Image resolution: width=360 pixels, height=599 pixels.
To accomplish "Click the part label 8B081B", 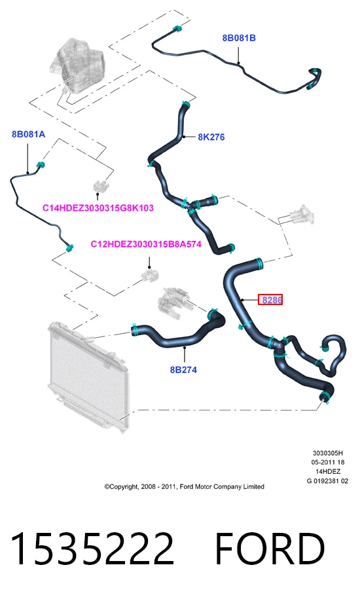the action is pyautogui.click(x=239, y=38).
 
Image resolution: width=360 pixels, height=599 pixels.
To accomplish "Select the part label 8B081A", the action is pyautogui.click(x=28, y=134).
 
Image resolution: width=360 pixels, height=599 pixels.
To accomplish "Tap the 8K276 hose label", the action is pyautogui.click(x=211, y=137).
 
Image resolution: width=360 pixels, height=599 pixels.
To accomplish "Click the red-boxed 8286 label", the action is pyautogui.click(x=270, y=300).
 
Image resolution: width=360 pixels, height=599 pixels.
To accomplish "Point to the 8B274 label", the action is pyautogui.click(x=184, y=369).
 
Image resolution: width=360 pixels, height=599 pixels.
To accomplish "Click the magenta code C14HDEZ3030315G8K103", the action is pyautogui.click(x=98, y=208).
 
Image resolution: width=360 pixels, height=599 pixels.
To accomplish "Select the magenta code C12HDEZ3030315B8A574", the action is pyautogui.click(x=146, y=244).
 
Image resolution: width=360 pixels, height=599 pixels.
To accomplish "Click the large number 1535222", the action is pyautogui.click(x=92, y=549).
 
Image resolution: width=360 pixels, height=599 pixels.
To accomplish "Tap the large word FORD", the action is pyautogui.click(x=270, y=549).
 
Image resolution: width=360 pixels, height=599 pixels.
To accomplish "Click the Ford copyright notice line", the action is pyautogui.click(x=185, y=486).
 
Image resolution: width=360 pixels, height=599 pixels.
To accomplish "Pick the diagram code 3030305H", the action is pyautogui.click(x=328, y=453).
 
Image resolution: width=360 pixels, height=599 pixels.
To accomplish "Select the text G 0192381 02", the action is pyautogui.click(x=327, y=481).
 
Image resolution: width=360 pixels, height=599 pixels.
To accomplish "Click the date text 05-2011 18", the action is pyautogui.click(x=328, y=462).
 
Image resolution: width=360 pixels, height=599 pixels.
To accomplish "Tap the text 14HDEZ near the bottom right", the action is pyautogui.click(x=328, y=471).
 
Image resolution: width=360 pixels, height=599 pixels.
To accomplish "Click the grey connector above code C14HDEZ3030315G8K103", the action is pyautogui.click(x=98, y=187).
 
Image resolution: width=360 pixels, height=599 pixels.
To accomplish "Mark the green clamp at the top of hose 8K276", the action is pyautogui.click(x=185, y=104).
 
